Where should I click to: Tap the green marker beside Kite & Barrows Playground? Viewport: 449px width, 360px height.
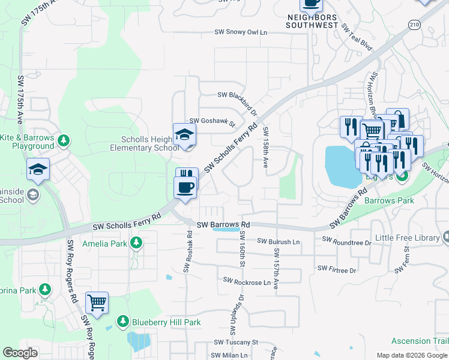pyautogui.click(x=62, y=141)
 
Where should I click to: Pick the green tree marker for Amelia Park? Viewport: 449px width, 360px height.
pyautogui.click(x=136, y=242)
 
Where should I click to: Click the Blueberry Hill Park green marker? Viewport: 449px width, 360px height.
pyautogui.click(x=123, y=322)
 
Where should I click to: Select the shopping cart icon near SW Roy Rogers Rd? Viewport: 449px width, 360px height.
pyautogui.click(x=97, y=303)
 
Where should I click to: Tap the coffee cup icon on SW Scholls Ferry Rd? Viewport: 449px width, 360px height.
pyautogui.click(x=185, y=187)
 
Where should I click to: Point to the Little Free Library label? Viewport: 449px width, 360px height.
pyautogui.click(x=407, y=238)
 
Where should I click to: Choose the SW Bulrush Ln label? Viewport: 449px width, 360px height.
pyautogui.click(x=279, y=241)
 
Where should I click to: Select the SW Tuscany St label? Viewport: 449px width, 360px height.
pyautogui.click(x=235, y=342)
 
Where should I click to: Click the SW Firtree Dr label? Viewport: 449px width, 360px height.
pyautogui.click(x=336, y=269)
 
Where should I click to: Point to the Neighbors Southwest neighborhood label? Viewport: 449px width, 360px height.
pyautogui.click(x=311, y=22)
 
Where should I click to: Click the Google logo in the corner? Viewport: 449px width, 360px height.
pyautogui.click(x=20, y=353)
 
